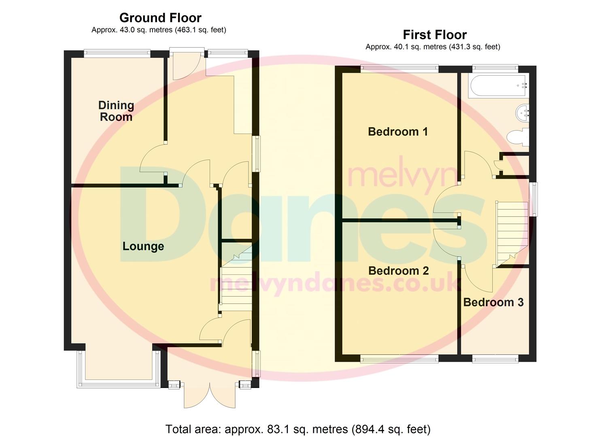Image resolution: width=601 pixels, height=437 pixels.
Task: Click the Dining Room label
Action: (116, 111)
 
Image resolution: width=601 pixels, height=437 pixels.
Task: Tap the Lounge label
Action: (143, 246)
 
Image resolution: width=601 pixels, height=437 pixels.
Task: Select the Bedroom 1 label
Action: (397, 132)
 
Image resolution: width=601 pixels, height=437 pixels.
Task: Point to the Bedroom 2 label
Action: (398, 271)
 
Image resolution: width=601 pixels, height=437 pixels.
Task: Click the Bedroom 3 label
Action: (493, 302)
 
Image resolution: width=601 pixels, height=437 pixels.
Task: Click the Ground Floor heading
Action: (160, 18)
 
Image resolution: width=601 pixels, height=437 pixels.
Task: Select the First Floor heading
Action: (435, 35)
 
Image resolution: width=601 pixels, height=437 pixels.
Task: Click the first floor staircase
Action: (512, 233)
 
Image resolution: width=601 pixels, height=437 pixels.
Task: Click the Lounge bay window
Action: (119, 382)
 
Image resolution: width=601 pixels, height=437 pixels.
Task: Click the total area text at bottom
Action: (298, 429)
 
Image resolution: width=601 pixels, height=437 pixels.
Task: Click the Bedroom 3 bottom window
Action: (495, 358)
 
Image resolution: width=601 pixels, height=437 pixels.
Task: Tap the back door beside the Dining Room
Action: (187, 64)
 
